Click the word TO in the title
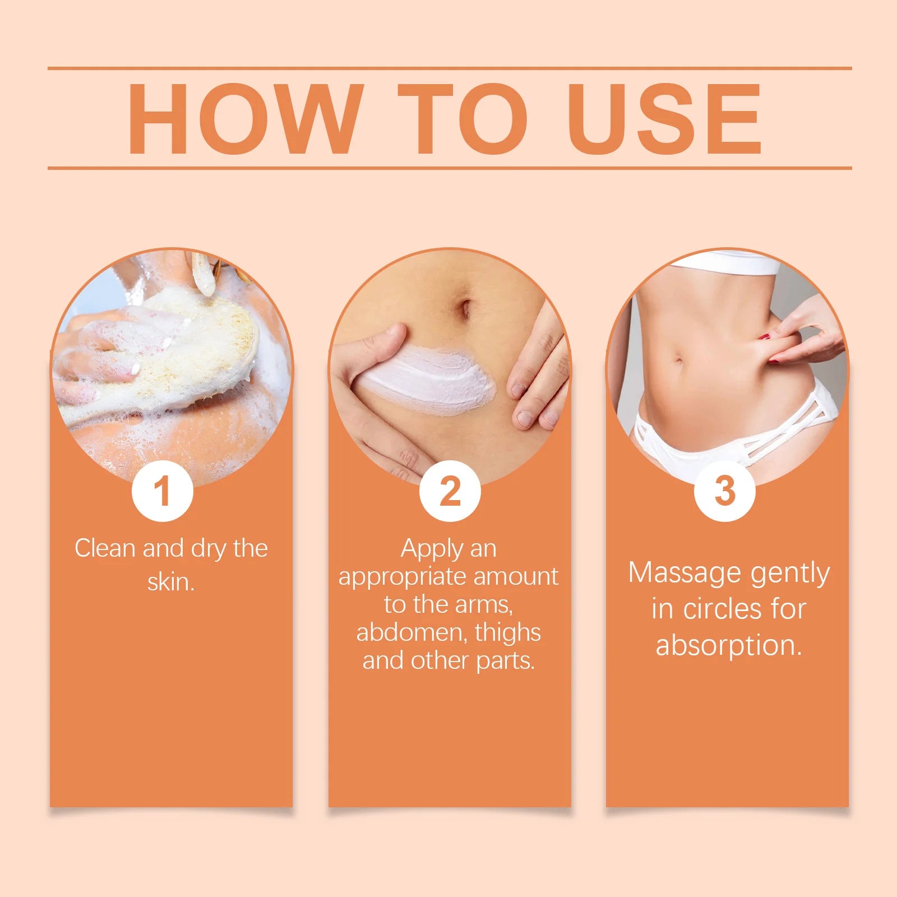(x=463, y=119)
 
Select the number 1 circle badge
(x=163, y=491)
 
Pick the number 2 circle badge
(x=450, y=491)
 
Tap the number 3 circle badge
(x=725, y=491)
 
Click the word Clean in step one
(x=105, y=548)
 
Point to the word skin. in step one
(x=171, y=582)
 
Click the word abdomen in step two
(x=412, y=632)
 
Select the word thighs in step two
(x=508, y=632)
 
